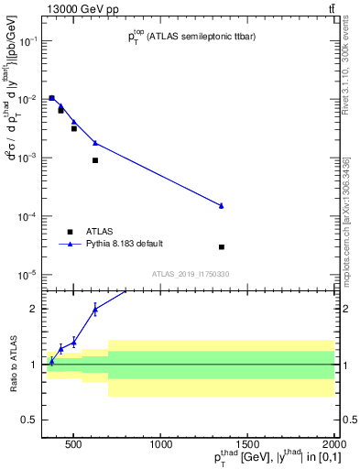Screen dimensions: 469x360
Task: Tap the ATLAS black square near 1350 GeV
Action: click(x=222, y=247)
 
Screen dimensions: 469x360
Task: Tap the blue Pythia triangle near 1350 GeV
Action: click(x=222, y=205)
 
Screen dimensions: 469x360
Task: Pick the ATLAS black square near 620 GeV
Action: click(x=95, y=160)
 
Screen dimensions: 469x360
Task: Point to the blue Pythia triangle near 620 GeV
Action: click(x=95, y=143)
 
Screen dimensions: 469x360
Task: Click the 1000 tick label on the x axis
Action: click(x=161, y=446)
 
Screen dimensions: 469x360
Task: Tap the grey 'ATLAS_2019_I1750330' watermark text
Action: click(x=191, y=273)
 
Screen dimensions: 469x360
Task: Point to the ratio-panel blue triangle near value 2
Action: click(x=95, y=310)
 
